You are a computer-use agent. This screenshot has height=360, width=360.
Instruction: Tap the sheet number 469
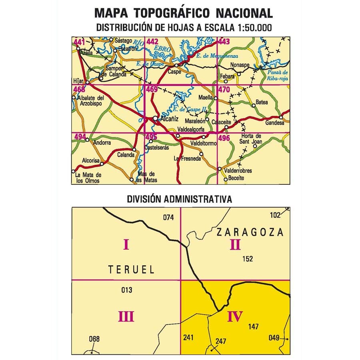[x=152, y=90]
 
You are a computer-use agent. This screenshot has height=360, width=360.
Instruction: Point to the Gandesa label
[x=274, y=123]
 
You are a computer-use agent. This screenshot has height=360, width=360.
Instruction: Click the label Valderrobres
[x=238, y=171]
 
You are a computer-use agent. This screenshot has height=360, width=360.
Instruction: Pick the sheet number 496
[x=224, y=138]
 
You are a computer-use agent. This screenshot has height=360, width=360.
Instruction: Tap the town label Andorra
[x=102, y=143]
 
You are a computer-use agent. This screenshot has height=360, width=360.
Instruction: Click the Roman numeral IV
[x=235, y=317]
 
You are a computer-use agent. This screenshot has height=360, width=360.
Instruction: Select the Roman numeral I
[x=126, y=244]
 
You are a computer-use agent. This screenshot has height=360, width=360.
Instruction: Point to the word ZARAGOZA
[x=250, y=232]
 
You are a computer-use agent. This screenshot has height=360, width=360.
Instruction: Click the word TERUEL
[x=131, y=270]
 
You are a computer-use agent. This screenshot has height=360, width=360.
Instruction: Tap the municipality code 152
[x=248, y=259]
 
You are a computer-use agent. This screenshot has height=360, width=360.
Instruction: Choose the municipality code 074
[x=169, y=218]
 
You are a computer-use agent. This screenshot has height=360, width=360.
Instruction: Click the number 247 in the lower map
[x=220, y=341]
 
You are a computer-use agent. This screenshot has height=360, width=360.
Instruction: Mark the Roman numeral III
[x=126, y=317]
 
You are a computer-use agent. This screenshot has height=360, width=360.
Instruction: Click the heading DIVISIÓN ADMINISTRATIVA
[x=179, y=199]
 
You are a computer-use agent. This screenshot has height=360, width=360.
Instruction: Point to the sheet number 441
[x=79, y=42]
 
